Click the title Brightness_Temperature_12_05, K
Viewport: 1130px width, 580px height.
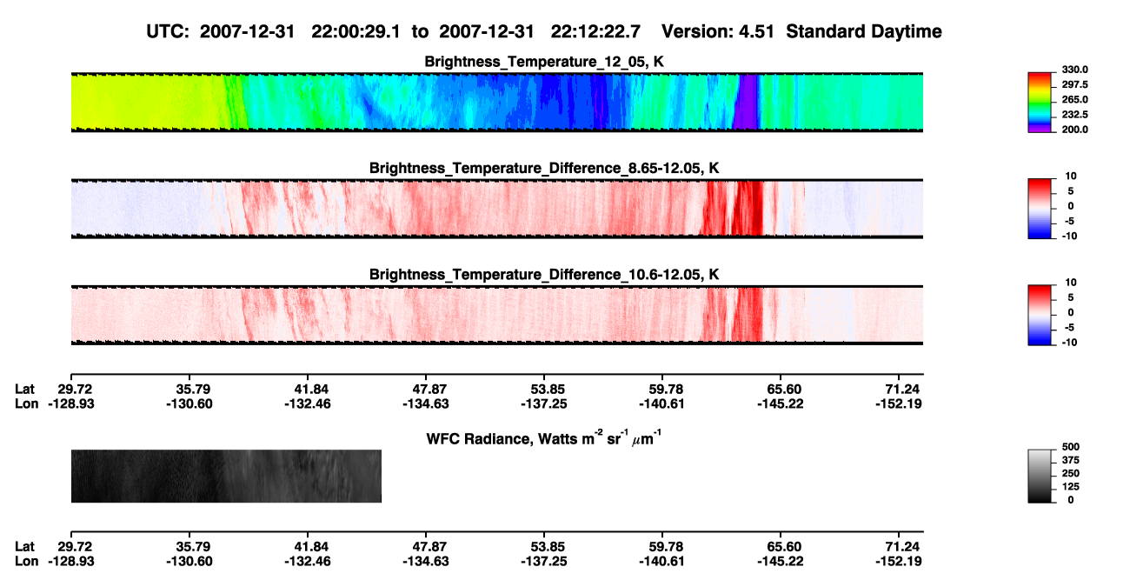[544, 62]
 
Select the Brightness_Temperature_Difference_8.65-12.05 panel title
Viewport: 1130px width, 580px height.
[544, 168]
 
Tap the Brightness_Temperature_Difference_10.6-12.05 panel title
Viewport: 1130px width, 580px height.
[544, 275]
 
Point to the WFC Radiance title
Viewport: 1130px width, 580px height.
[544, 438]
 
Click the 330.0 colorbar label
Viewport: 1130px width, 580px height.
[1074, 70]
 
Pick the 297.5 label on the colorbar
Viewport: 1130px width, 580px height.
[1074, 84]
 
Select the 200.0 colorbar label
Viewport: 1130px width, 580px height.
[1074, 130]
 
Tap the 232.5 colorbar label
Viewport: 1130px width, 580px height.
[1074, 115]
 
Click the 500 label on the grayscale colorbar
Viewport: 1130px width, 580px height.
[1071, 447]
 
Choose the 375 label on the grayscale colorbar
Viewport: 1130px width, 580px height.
[1071, 460]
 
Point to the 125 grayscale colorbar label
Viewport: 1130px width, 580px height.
[1071, 487]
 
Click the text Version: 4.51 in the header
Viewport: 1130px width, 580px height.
[718, 31]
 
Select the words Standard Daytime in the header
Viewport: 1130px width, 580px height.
[864, 31]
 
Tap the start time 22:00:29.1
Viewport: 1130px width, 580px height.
[356, 31]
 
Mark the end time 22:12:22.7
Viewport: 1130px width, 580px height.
[595, 31]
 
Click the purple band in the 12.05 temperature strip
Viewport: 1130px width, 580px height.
[747, 102]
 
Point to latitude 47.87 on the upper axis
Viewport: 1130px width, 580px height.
[426, 390]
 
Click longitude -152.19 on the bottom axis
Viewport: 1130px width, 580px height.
[899, 561]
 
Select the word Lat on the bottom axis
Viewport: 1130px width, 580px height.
[24, 546]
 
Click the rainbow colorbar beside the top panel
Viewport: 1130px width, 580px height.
[1040, 103]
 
